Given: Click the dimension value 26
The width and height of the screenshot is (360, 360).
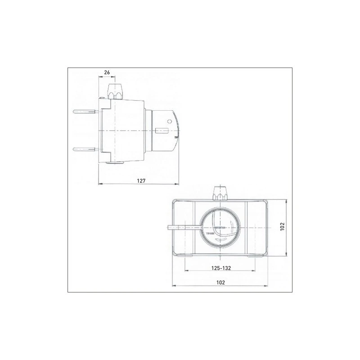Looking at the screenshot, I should (107, 72).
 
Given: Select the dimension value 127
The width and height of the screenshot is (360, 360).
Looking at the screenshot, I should (141, 180).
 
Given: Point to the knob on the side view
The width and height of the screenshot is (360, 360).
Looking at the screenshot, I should (116, 90).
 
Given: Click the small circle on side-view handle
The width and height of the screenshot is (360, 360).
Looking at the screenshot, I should (170, 121).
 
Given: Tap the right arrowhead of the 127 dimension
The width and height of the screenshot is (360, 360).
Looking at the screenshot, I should (178, 184).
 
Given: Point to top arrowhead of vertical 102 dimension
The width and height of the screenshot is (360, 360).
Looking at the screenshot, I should (286, 201).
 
